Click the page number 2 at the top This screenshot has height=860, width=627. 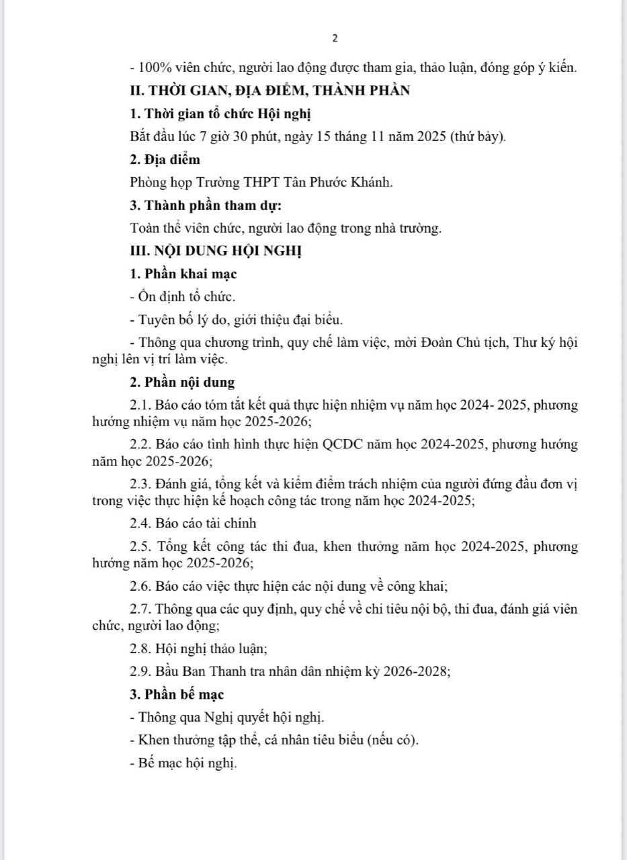335,38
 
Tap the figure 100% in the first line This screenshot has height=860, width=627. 151,68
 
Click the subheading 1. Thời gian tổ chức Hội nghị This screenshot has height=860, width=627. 220,114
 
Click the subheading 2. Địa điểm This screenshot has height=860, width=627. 165,160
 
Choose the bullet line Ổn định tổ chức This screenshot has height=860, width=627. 182,297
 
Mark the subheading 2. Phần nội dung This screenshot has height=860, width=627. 182,383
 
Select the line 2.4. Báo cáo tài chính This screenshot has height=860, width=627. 194,523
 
